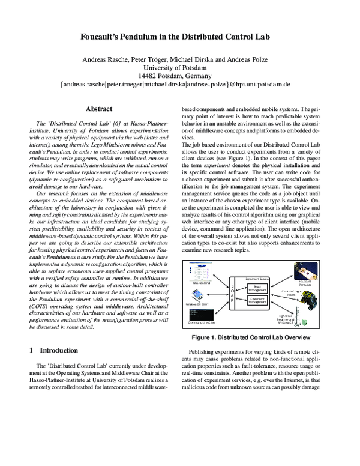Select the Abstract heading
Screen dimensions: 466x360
coord(99,109)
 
